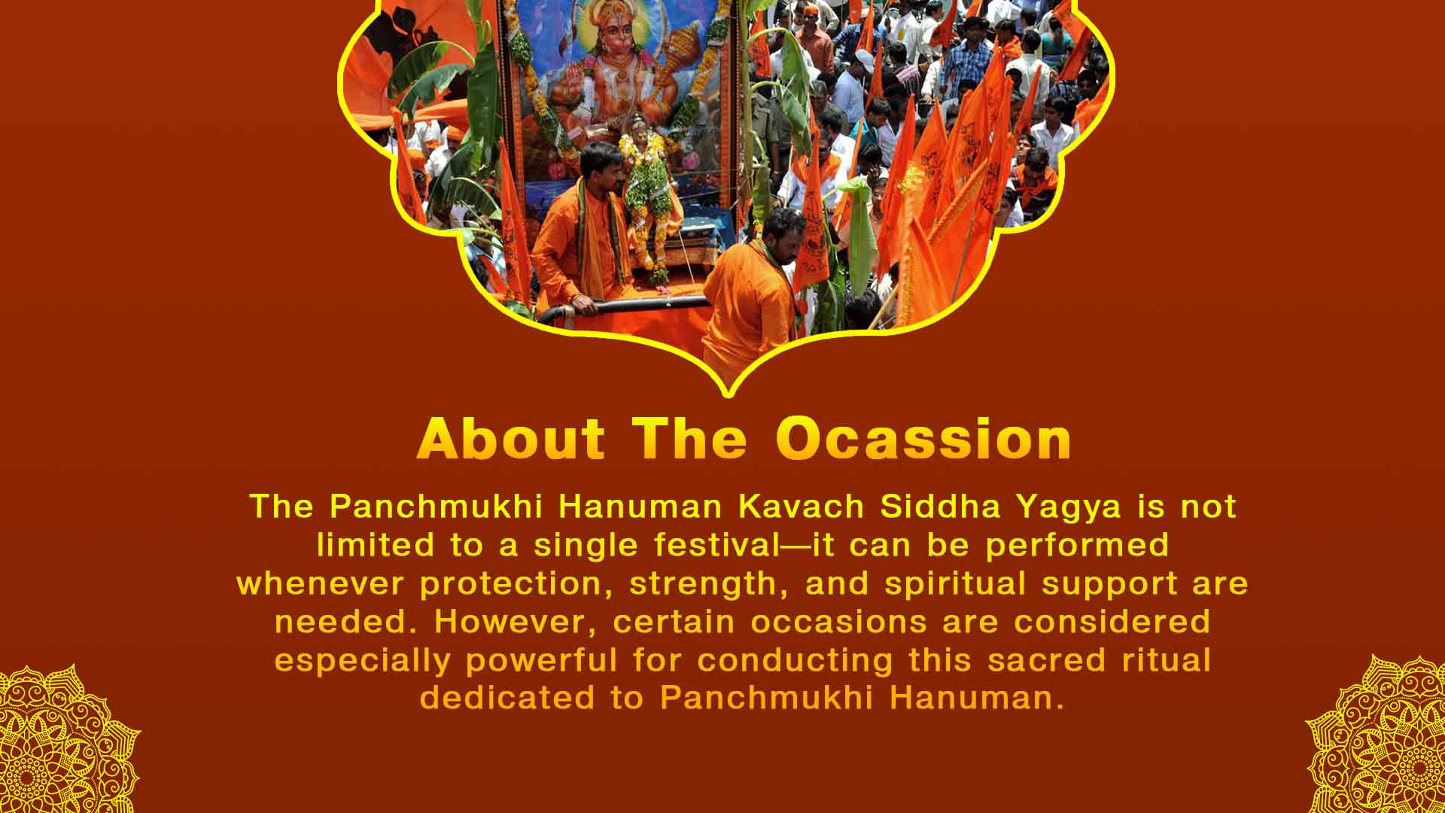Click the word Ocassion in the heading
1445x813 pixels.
tap(923, 439)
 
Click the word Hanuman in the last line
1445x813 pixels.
tap(977, 698)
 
